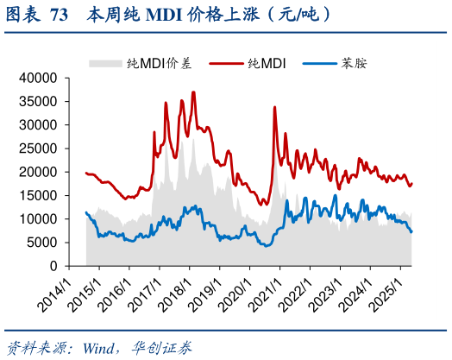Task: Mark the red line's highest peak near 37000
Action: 193,92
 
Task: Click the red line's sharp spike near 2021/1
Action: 274,107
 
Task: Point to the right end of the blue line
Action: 411,231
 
